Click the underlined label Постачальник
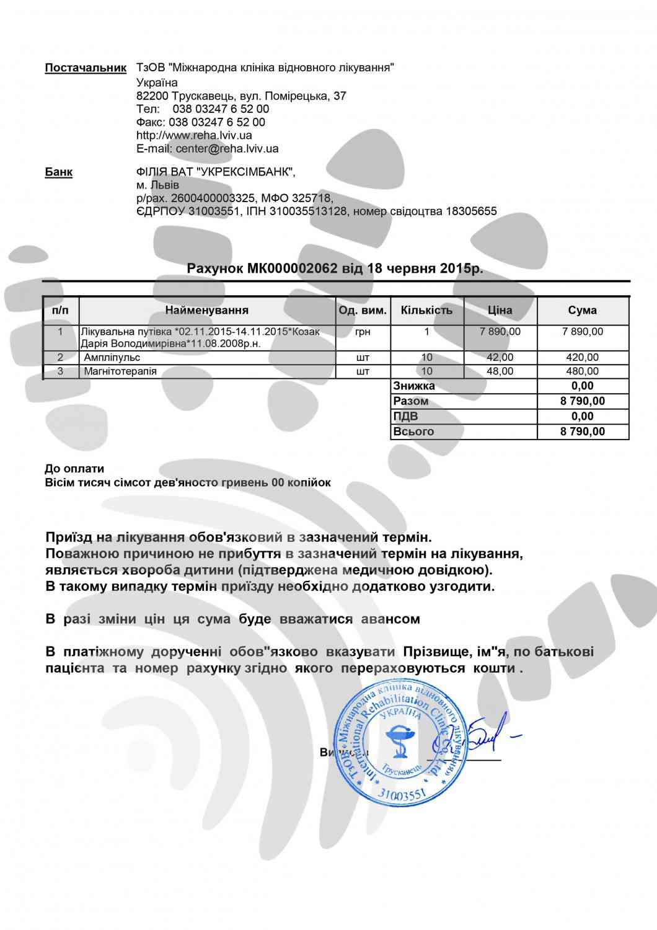click(86, 68)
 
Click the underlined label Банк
click(58, 172)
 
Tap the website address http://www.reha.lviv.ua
click(194, 135)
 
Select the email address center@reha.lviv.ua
click(227, 148)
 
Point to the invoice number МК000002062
click(293, 268)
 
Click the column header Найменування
click(207, 310)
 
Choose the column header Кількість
click(426, 310)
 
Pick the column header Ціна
click(500, 310)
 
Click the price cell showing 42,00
click(500, 357)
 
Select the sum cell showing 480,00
click(583, 371)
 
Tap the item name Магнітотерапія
click(120, 371)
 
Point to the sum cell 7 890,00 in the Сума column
click(583, 332)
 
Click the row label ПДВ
click(407, 416)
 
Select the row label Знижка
click(414, 386)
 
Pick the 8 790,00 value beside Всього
click(583, 432)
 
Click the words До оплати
click(74, 469)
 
